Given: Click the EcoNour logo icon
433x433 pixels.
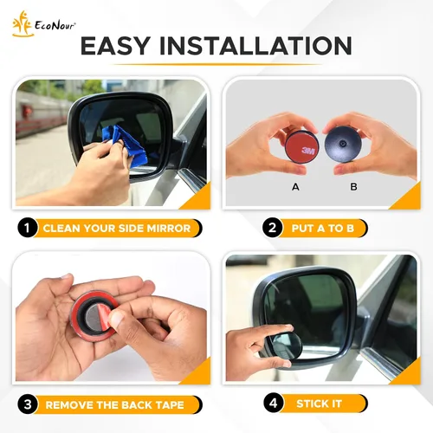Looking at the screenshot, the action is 23,24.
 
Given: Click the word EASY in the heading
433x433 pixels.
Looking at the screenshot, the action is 115,46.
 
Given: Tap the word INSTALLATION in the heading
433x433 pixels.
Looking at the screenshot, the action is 255,46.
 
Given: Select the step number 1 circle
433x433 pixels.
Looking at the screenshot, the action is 27,228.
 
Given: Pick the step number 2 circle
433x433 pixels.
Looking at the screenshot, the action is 272,228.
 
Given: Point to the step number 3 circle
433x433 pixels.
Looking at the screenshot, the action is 28,404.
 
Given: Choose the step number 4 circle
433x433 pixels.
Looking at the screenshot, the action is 273,403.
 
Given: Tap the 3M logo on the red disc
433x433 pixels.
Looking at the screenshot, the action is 308,151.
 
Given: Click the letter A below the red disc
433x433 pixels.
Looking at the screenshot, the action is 295,187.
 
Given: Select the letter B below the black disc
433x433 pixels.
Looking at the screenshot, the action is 353,187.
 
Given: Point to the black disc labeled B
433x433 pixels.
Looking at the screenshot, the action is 343,145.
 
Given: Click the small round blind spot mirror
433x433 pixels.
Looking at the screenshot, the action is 284,346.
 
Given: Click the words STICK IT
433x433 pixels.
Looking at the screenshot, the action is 319,404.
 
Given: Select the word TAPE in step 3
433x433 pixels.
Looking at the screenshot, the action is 169,404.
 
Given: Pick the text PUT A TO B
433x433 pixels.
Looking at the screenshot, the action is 322,229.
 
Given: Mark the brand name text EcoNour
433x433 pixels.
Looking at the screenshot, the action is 55,26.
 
